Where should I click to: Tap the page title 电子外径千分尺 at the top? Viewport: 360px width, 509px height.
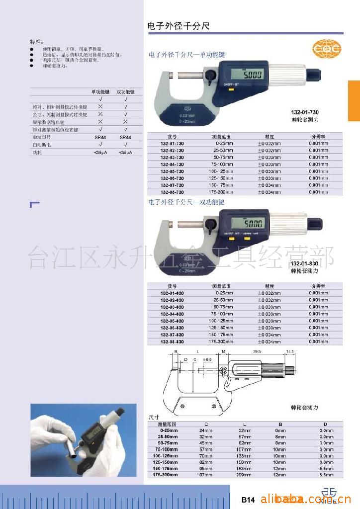179,26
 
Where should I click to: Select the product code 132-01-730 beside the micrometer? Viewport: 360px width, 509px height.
305,113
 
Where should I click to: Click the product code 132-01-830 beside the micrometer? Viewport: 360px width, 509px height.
304,263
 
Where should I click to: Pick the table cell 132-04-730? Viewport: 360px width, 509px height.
172,164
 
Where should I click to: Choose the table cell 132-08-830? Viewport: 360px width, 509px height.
172,342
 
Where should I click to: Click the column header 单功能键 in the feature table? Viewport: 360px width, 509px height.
100,92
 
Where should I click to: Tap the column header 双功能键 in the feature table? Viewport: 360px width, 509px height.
125,92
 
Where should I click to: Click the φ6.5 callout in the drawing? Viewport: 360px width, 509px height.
207,359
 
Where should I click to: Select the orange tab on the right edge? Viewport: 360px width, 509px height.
354,100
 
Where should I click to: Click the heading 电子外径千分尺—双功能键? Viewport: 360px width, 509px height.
186,202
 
